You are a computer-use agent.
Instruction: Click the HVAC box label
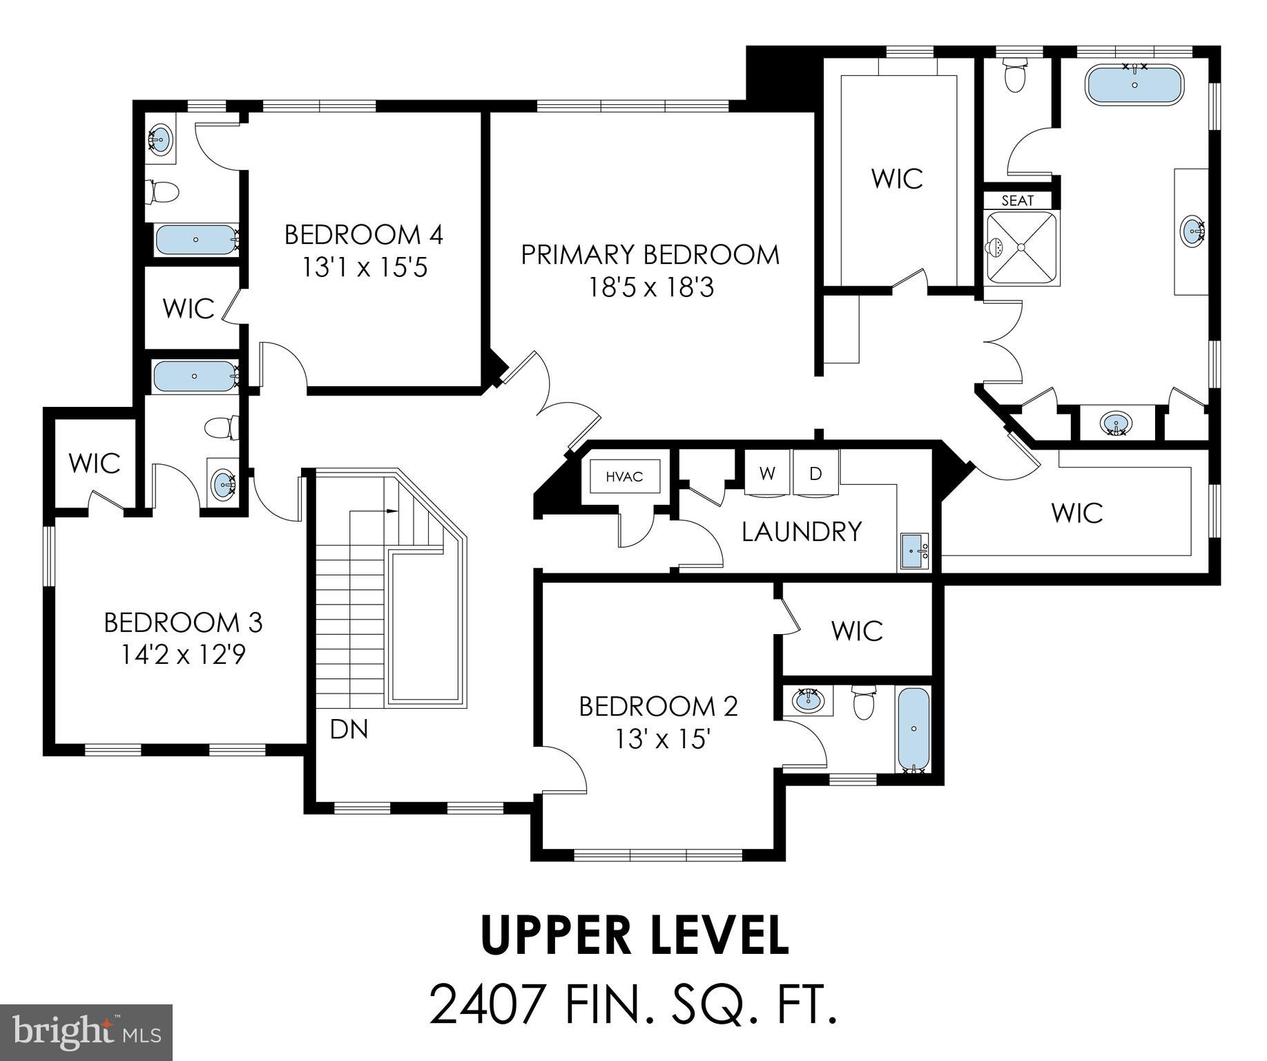pos(624,477)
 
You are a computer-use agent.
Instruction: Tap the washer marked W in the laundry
pos(766,474)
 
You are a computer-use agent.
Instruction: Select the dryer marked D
pos(815,474)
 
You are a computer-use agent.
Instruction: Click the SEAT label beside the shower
pos(1017,200)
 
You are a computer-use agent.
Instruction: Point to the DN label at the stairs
pos(349,729)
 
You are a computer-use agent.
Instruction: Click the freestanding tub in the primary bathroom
pos(1134,85)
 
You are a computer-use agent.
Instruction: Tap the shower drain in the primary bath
pos(1021,247)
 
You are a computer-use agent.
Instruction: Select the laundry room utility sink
pos(914,551)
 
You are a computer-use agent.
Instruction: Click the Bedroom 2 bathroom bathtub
pos(913,729)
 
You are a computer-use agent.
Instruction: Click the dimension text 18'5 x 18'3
pos(650,287)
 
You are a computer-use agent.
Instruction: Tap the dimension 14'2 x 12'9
pos(183,653)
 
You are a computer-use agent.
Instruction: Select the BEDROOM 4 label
pos(363,235)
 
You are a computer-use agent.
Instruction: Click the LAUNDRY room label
pos(802,531)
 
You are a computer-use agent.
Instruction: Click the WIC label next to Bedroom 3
pos(95,463)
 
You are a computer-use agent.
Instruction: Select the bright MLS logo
pos(86,1033)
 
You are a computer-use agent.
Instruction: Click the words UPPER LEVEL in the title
pos(634,935)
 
